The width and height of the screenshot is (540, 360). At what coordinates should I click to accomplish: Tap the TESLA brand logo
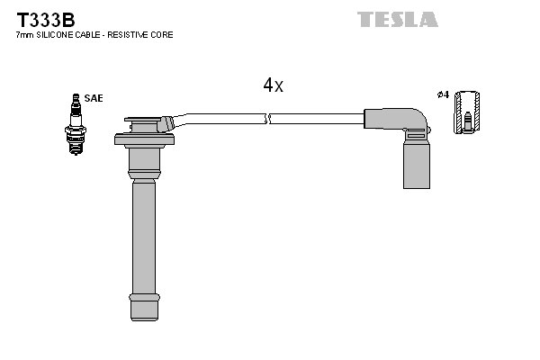pos(397,19)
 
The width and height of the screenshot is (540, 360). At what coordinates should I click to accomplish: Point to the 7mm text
pos(24,35)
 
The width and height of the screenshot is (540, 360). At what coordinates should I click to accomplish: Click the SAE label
pos(94,97)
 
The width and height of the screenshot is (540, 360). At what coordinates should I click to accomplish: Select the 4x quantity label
pos(273,85)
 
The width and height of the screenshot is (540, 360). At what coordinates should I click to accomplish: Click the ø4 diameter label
pos(442,94)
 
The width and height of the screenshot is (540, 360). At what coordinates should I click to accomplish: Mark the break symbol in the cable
pos(268,118)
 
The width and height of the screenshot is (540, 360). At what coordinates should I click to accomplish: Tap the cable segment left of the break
pos(225,117)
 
